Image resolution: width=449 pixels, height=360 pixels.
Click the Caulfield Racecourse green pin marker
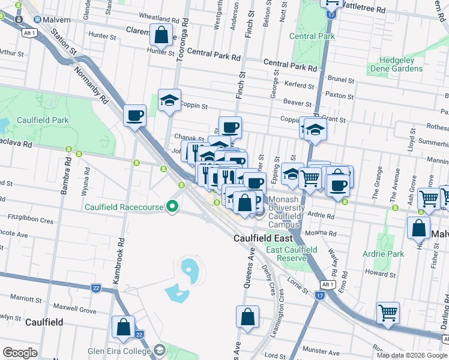[x=173, y=207]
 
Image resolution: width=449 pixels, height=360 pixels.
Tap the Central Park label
[x=312, y=36]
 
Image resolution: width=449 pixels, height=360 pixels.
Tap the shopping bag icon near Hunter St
[x=161, y=35]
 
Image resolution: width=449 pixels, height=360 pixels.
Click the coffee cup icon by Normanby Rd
[x=134, y=114]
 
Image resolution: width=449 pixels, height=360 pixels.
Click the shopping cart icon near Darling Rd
[x=388, y=312]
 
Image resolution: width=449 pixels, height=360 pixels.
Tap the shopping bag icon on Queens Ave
[x=247, y=316]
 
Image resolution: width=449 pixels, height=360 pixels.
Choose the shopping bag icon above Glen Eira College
[x=123, y=327]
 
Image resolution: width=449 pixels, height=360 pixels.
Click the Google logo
[x=20, y=353]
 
